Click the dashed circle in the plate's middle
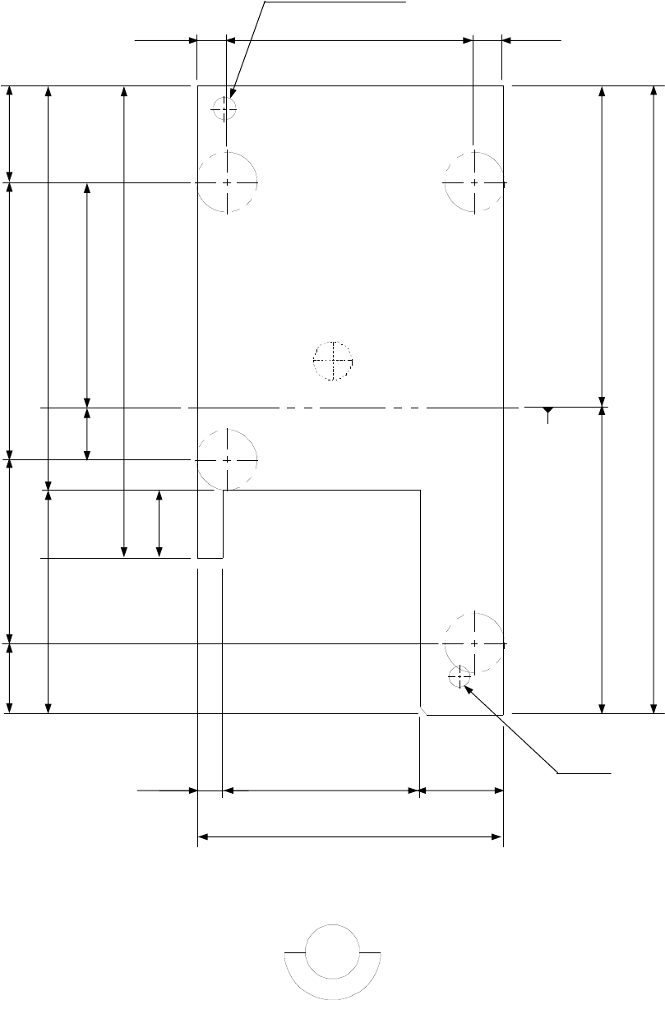(x=333, y=361)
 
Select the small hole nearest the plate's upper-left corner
(x=224, y=108)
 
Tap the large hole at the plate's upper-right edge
(x=474, y=182)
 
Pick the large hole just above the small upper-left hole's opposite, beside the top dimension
(x=228, y=182)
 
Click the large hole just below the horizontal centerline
(x=227, y=459)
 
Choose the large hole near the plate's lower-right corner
(x=474, y=642)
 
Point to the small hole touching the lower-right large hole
(x=459, y=677)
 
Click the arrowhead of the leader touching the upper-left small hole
(x=233, y=99)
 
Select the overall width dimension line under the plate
(x=350, y=837)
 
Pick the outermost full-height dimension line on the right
(x=653, y=399)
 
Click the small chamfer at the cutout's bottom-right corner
(x=423, y=710)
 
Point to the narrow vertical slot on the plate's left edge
(x=210, y=523)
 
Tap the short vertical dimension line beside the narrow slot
(x=159, y=523)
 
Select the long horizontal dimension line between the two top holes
(x=349, y=39)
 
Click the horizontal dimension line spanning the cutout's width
(x=321, y=790)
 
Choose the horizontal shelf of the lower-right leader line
(x=584, y=772)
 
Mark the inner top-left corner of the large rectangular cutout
(x=224, y=491)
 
